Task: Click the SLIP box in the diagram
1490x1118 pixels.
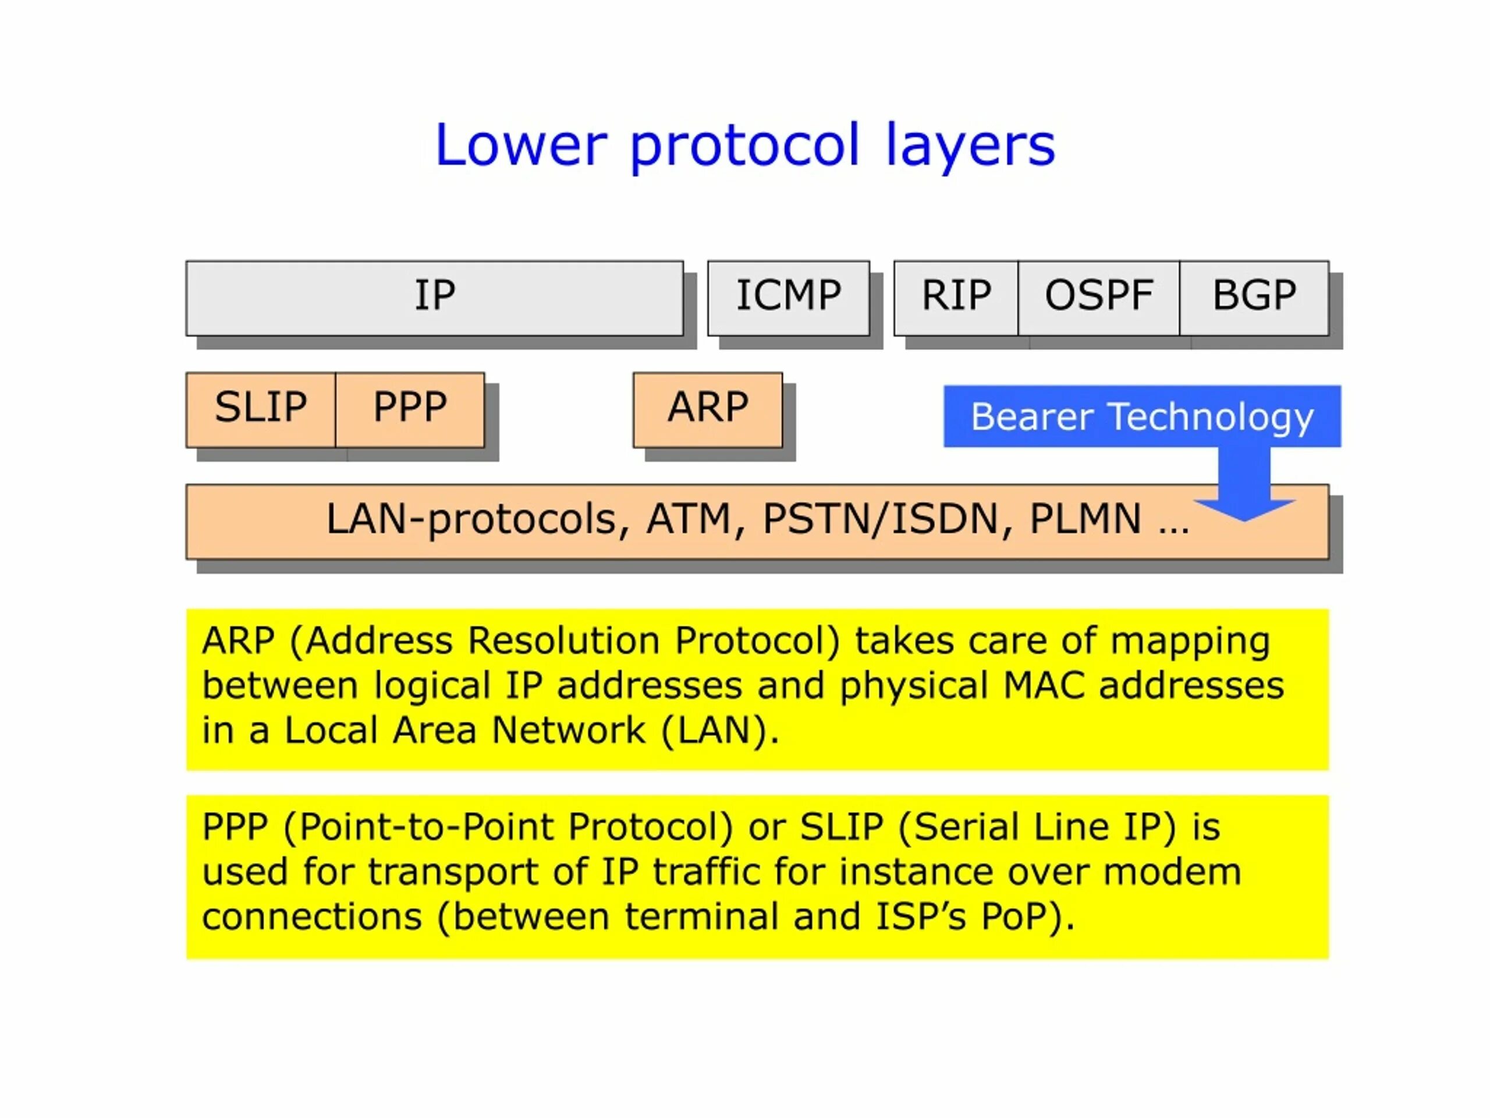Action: point(261,409)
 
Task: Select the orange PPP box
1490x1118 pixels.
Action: point(410,409)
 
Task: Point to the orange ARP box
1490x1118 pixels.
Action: point(707,409)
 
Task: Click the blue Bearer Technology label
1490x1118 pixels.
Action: point(1142,416)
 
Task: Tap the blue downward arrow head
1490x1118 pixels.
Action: point(1244,509)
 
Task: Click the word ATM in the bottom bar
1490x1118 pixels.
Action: point(689,519)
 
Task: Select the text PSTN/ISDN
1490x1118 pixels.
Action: point(879,519)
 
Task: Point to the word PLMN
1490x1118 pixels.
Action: point(1085,519)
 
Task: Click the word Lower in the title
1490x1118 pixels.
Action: point(521,146)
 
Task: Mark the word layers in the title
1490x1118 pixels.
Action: point(970,147)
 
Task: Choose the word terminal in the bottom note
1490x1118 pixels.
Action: point(701,917)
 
